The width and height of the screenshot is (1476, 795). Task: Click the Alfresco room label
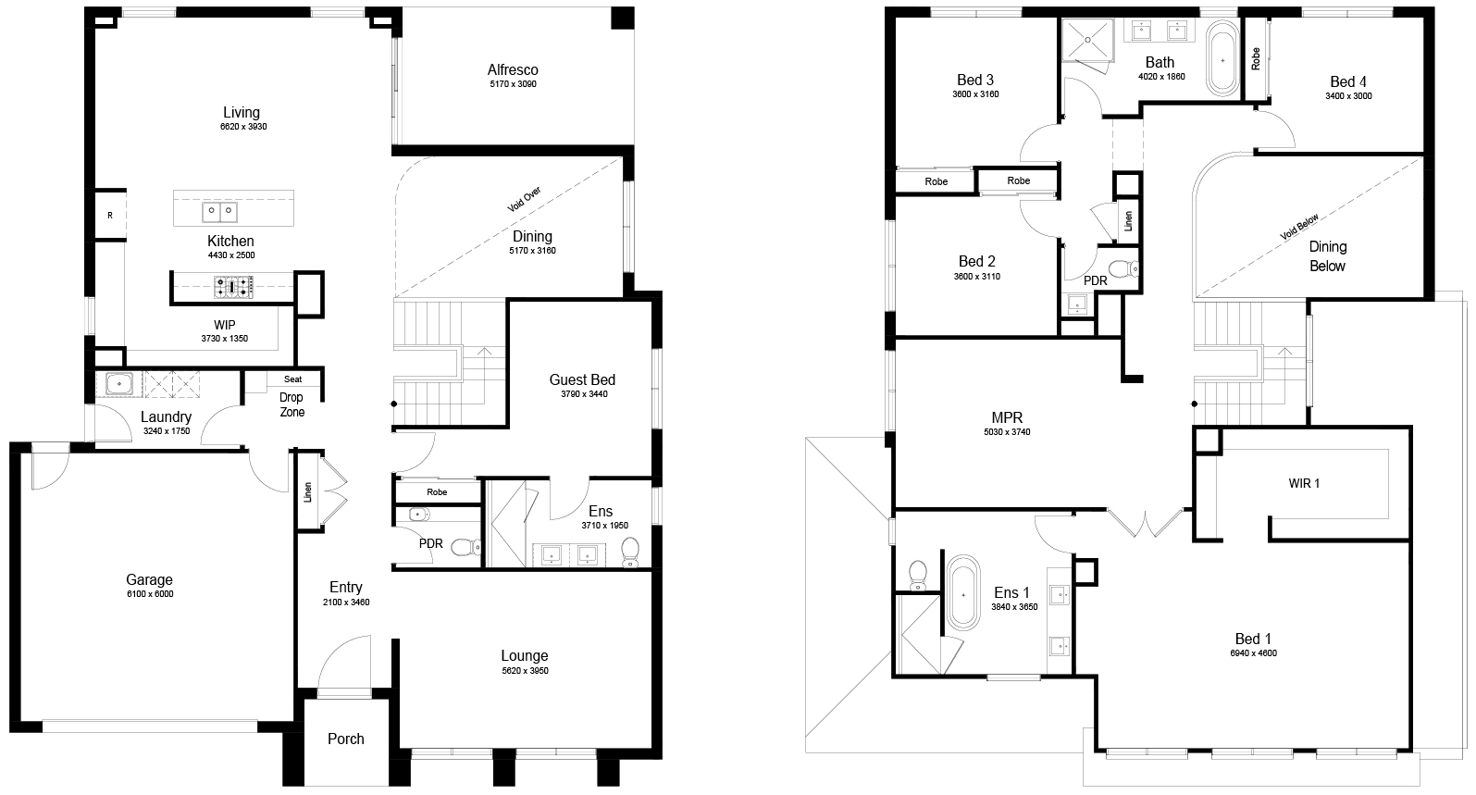tap(513, 70)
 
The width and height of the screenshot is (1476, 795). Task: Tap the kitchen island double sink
tap(219, 212)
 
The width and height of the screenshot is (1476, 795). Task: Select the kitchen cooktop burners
tap(233, 287)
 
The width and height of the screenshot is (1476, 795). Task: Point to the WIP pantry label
tap(225, 325)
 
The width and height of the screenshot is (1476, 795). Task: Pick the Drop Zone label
tap(291, 404)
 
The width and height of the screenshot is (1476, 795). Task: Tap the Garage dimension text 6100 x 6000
tap(150, 594)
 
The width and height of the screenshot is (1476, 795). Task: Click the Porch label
tap(346, 739)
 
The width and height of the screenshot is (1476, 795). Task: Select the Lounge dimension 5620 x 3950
tap(526, 671)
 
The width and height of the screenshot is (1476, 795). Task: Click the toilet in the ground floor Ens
tap(630, 553)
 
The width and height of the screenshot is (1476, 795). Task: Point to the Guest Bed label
tap(582, 379)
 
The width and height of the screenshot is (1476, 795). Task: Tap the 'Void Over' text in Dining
tap(524, 199)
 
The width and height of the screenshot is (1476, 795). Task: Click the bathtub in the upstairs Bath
tap(1222, 61)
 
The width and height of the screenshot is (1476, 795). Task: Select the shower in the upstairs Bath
tap(1087, 40)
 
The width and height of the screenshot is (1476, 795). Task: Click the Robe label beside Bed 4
tap(1255, 58)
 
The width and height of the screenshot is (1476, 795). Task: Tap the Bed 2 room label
tap(976, 262)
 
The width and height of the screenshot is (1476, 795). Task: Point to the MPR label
tap(1007, 417)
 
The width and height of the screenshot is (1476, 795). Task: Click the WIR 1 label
tap(1304, 483)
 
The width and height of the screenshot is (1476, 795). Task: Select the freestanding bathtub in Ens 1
tap(963, 593)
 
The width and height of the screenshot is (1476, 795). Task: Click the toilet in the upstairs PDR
tap(1123, 269)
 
